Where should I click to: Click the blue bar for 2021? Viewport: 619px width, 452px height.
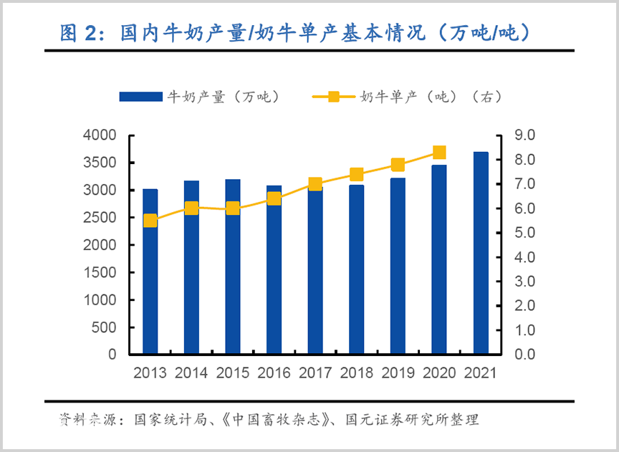[481, 253]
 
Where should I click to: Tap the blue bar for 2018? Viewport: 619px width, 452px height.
[357, 269]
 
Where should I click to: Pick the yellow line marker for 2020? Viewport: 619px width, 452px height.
[439, 152]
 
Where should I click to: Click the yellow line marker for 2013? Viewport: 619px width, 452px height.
[150, 221]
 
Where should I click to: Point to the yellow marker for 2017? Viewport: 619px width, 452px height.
[315, 183]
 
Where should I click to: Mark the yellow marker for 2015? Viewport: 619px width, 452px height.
[233, 208]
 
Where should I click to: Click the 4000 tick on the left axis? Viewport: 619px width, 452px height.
[100, 135]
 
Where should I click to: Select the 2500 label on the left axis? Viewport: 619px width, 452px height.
[100, 218]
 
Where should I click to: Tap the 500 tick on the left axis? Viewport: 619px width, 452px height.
[104, 327]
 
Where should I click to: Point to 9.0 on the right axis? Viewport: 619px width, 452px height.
[524, 135]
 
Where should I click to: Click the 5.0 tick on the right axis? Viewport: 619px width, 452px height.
[524, 233]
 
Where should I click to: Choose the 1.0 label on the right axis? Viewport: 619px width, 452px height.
[524, 330]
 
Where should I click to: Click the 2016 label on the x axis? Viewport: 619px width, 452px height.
[274, 373]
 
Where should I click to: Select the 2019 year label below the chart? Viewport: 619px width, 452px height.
[398, 373]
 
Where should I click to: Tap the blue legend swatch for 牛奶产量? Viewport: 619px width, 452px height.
[141, 97]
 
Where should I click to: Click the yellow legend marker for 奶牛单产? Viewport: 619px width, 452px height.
[334, 97]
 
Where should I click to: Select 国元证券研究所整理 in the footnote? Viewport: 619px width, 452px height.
[412, 419]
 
